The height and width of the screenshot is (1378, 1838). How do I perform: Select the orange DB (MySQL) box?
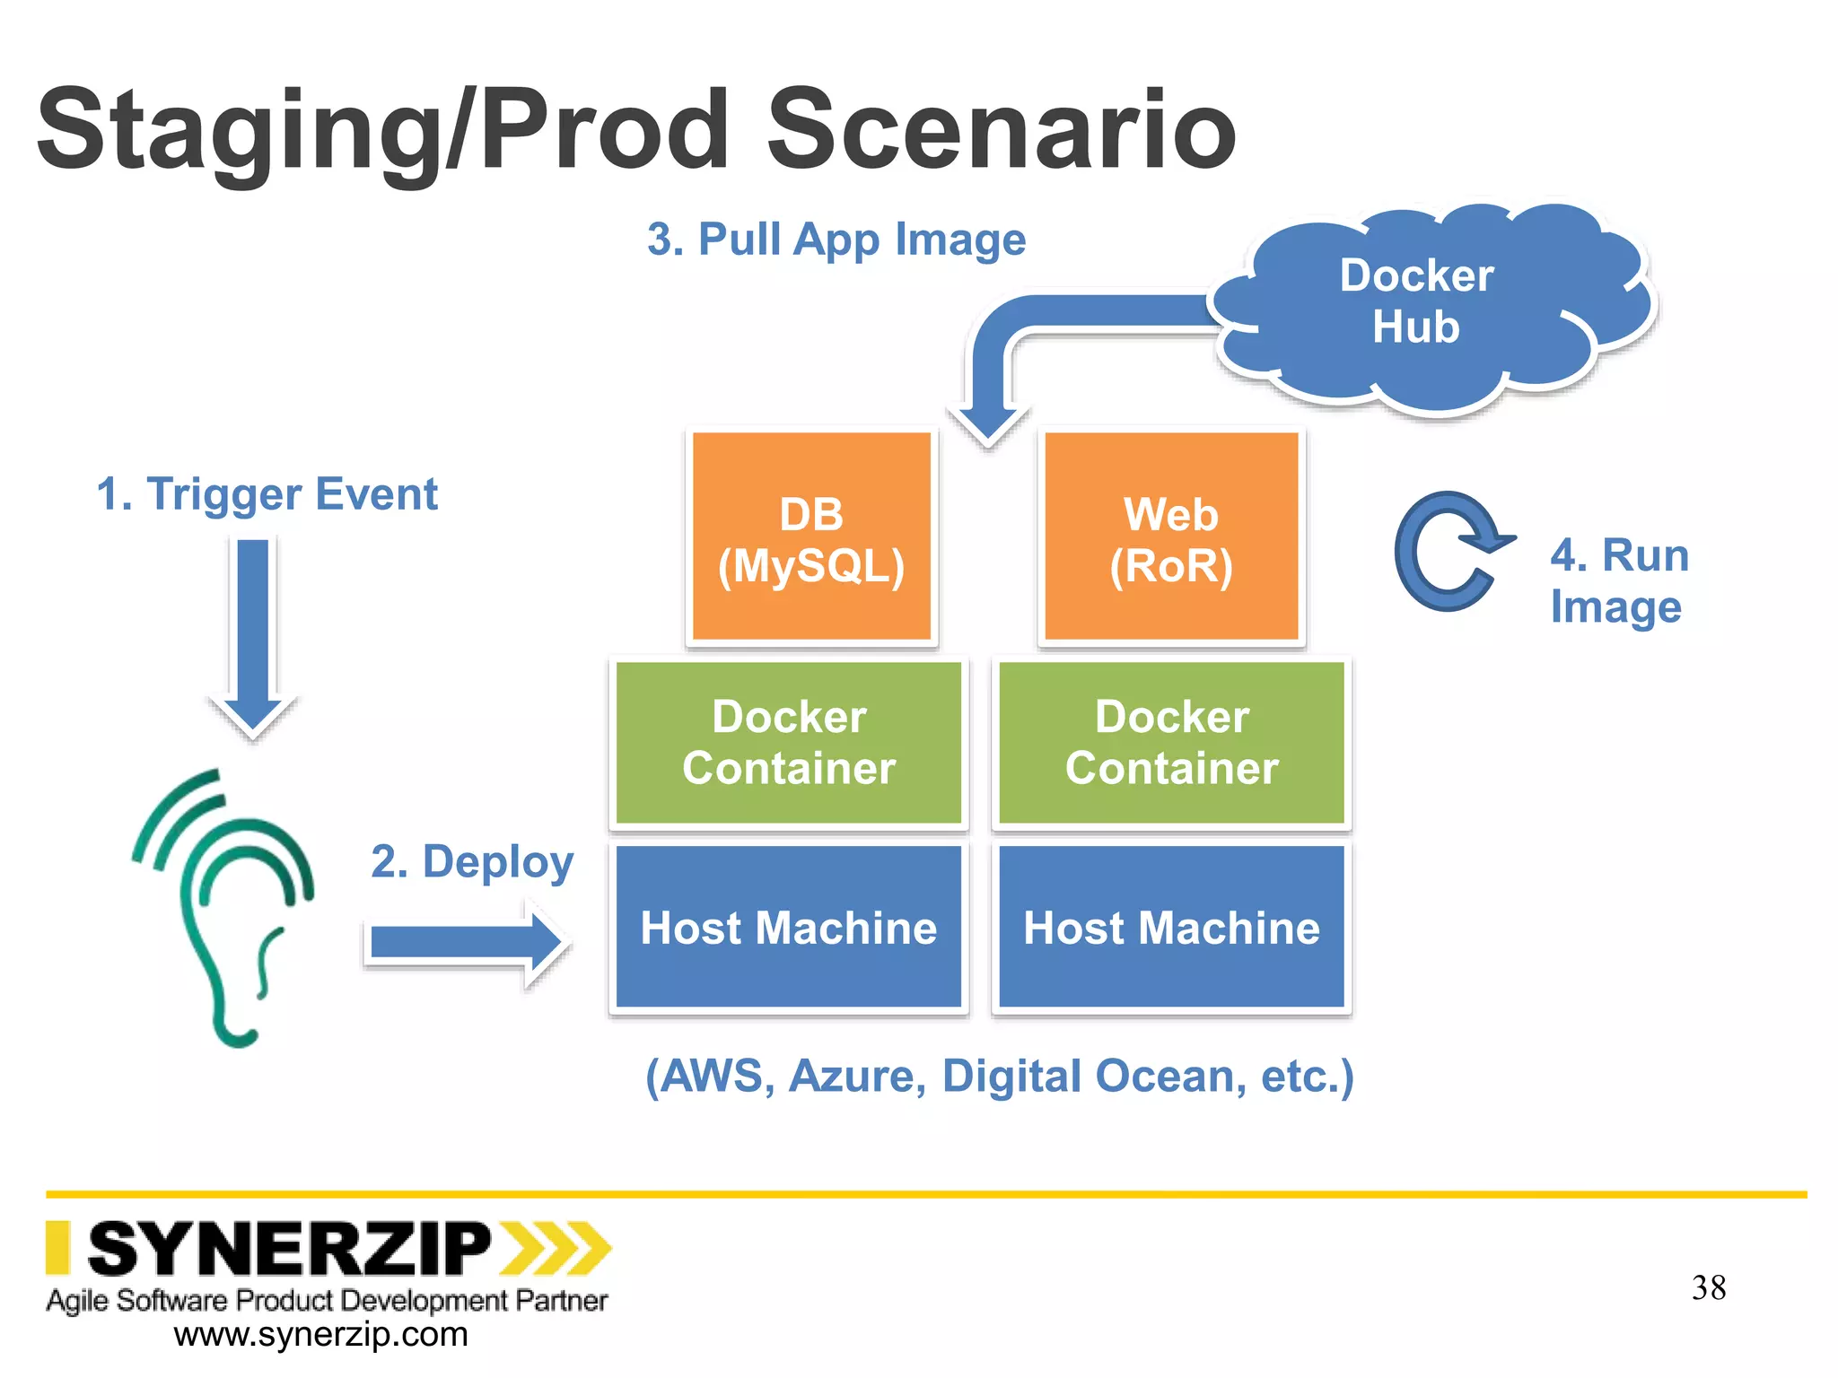coord(811,538)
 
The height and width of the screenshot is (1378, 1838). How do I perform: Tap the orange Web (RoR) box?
coord(1171,538)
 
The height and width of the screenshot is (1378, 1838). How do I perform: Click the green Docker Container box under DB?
coord(788,742)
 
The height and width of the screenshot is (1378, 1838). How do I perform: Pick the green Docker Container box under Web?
coord(1171,742)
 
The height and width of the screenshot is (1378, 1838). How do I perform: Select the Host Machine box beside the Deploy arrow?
coord(788,928)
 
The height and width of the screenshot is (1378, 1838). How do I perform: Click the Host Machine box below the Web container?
coord(1171,928)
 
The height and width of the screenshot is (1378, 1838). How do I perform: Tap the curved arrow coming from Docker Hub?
coord(1032,332)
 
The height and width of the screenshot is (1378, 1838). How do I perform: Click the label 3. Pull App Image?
coord(836,240)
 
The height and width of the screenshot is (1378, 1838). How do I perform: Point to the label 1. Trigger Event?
coord(267,494)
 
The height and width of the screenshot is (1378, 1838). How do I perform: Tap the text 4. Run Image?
coord(1618,580)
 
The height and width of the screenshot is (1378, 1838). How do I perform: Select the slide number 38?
coord(1708,1287)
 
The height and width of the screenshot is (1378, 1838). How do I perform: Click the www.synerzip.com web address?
coord(320,1334)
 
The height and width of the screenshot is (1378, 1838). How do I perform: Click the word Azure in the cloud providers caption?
coord(856,1076)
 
